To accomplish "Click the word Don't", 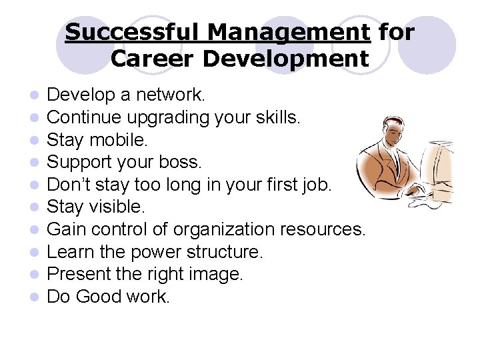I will coord(71,185).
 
